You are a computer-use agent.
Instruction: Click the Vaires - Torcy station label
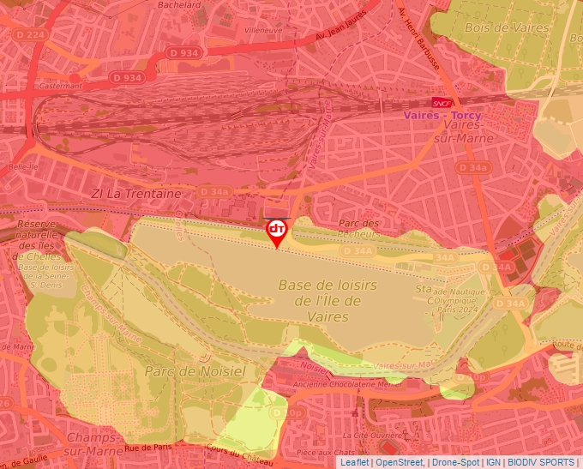[442, 116]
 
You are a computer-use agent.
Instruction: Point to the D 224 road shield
[30, 34]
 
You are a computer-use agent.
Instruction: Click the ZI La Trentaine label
[136, 194]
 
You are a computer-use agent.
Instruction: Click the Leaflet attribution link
[355, 462]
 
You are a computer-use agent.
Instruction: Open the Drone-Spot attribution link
[455, 462]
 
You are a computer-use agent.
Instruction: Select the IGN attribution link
[494, 462]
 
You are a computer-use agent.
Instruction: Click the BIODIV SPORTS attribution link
[541, 462]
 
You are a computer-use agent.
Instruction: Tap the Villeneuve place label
[262, 30]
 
